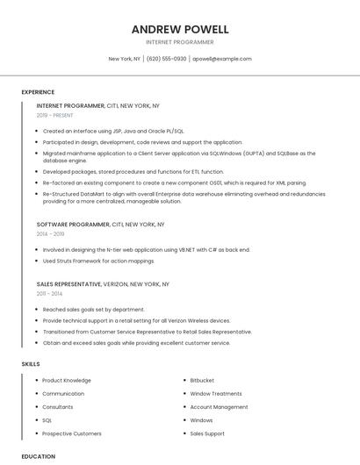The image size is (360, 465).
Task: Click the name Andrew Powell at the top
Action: coord(179,29)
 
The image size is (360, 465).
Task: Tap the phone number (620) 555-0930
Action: coord(166,59)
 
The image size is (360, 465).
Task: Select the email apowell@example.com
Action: coord(221,59)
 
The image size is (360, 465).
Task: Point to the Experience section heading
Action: coord(38,92)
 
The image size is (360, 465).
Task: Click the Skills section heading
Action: coord(31,363)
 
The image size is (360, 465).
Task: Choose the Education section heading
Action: coord(38,456)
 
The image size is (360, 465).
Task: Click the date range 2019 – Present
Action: coord(55,115)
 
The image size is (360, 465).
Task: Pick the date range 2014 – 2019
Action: coord(51,234)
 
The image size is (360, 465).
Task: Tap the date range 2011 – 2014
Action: coord(50,294)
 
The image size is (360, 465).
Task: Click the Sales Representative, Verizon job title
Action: coord(103,284)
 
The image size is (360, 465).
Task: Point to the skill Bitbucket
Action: coord(202,381)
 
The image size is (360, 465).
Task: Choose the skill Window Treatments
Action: coord(216,394)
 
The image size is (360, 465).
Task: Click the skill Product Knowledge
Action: coord(67,381)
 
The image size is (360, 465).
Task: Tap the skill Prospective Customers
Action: coord(72,433)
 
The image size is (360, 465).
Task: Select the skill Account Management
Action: coord(219,407)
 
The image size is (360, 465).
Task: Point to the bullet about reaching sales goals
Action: coord(93,310)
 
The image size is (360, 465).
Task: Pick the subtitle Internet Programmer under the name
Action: coord(179,41)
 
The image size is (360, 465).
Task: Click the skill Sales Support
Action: coord(207,433)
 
